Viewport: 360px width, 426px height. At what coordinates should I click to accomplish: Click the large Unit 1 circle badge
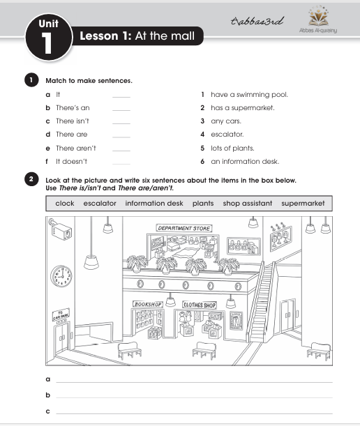[x=49, y=37]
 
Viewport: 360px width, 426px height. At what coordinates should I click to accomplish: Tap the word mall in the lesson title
[x=182, y=36]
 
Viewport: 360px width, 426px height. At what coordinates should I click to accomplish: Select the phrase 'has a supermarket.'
[x=243, y=108]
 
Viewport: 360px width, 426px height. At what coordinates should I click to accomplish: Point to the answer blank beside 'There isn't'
[x=121, y=123]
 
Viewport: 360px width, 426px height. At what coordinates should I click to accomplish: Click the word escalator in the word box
[x=100, y=203]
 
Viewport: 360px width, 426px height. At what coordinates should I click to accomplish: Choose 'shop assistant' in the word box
[x=248, y=203]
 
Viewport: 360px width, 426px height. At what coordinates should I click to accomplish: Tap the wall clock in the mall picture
[x=61, y=276]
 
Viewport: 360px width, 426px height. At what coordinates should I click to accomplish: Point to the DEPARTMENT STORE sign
[x=184, y=228]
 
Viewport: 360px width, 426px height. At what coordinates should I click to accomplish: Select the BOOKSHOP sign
[x=148, y=304]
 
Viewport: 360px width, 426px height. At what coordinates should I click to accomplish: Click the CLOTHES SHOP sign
[x=200, y=305]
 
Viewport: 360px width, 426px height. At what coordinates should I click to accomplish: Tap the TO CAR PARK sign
[x=61, y=314]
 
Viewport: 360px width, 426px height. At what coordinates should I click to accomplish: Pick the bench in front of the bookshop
[x=130, y=350]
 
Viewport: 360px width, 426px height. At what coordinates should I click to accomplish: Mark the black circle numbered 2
[x=31, y=179]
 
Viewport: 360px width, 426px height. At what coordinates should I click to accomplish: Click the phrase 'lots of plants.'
[x=232, y=148]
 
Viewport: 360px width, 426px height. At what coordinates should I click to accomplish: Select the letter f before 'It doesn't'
[x=47, y=161]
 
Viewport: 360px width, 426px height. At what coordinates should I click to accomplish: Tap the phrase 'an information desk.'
[x=245, y=161]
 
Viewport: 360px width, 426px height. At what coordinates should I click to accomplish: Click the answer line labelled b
[x=194, y=397]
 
